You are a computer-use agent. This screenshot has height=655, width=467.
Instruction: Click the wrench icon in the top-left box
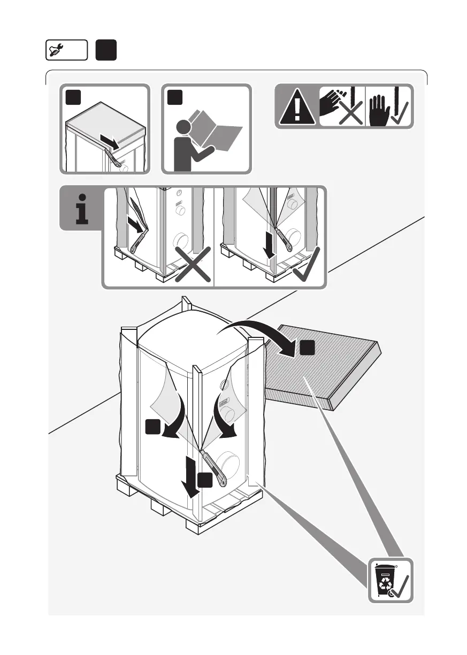56,50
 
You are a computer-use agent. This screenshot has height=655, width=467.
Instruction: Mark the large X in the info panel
191,263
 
